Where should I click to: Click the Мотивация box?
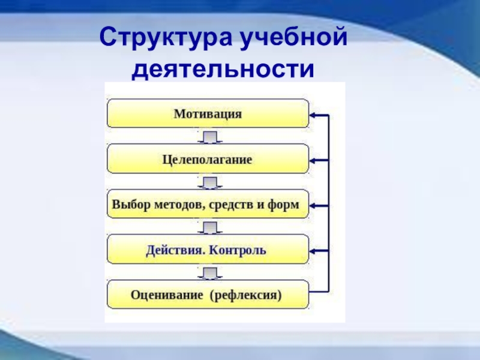[208, 114]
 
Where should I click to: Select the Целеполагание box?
[208, 160]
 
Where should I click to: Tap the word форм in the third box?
[286, 205]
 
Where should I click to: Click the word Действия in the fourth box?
[174, 250]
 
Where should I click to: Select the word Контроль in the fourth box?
[238, 250]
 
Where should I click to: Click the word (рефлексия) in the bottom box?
[246, 295]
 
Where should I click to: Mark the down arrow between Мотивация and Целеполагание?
[209, 138]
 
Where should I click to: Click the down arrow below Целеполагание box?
[209, 182]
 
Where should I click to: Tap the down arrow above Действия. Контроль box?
[209, 228]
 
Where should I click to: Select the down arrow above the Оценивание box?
[209, 273]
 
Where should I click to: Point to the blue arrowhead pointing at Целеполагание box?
[313, 160]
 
